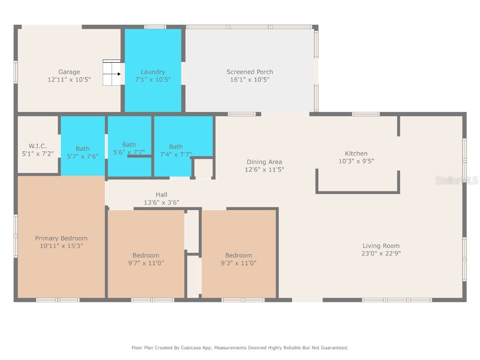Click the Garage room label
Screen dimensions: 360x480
(69, 72)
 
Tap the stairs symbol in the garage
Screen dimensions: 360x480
(112, 73)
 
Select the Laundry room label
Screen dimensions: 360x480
(153, 72)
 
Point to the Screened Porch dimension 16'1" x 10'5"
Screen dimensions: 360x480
(249, 80)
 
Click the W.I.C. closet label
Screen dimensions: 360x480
(37, 146)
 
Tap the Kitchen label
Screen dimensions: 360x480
(356, 153)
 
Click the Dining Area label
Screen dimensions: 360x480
(265, 162)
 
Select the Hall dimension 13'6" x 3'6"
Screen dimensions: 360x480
(161, 202)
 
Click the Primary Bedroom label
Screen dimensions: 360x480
(61, 238)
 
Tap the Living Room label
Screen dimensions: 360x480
(381, 246)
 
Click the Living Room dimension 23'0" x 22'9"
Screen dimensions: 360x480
(381, 254)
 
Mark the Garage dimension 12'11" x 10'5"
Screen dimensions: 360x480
(69, 80)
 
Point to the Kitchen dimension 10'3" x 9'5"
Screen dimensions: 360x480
(356, 161)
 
